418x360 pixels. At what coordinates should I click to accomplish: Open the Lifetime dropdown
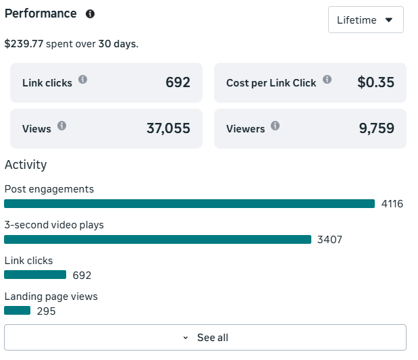point(365,20)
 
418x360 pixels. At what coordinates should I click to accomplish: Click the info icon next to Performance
point(90,14)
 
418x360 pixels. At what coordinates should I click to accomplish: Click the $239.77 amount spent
point(24,44)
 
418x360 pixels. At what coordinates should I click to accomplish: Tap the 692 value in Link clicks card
point(178,82)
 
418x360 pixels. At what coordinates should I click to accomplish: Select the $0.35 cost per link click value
point(375,82)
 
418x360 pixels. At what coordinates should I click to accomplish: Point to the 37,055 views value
point(168,128)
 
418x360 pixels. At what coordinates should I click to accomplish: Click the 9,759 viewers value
point(376,128)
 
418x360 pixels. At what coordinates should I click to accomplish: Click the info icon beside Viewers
point(275,126)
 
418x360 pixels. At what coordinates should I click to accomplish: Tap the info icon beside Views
point(61,126)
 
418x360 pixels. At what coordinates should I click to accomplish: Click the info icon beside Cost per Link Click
point(327,80)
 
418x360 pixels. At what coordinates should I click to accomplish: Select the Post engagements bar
point(189,203)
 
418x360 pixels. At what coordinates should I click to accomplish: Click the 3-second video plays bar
point(157,239)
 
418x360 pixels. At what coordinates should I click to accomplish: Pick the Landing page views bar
point(18,311)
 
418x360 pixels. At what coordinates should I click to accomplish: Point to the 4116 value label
point(392,204)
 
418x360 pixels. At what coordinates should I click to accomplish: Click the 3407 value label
point(330,240)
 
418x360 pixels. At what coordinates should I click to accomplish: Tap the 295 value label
point(46,311)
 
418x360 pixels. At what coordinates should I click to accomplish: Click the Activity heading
point(26,165)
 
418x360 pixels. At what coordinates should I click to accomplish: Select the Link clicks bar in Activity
point(35,275)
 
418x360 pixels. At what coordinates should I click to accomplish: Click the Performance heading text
point(41,14)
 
